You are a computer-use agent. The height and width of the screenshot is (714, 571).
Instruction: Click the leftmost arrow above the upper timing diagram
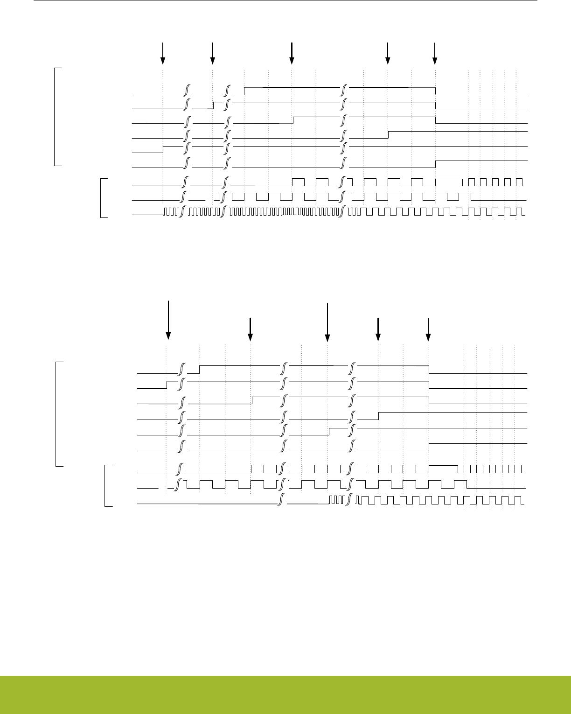(162, 53)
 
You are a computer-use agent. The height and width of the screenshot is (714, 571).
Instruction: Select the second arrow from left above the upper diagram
(212, 53)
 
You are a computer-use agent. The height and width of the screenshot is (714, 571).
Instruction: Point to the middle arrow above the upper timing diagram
(292, 53)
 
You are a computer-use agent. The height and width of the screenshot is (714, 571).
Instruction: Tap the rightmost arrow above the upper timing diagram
(435, 53)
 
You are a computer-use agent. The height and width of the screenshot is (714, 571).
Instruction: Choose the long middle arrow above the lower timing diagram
(328, 322)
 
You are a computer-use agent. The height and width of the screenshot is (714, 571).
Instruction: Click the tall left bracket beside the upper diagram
(55, 117)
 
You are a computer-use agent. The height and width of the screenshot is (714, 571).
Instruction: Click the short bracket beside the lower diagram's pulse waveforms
(107, 485)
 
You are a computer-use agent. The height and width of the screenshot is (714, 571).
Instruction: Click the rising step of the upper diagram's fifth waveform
(163, 149)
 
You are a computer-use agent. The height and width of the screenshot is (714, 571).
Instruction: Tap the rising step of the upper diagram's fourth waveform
(388, 135)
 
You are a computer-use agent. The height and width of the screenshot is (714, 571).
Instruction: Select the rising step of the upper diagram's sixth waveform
(435, 164)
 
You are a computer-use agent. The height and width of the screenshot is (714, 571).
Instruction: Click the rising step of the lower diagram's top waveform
(200, 370)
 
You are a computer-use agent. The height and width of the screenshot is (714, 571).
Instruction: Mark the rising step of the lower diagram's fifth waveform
(329, 431)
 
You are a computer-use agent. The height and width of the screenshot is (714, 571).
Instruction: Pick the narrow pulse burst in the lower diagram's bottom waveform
(337, 500)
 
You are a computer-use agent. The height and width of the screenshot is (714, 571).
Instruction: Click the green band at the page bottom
(285, 694)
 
